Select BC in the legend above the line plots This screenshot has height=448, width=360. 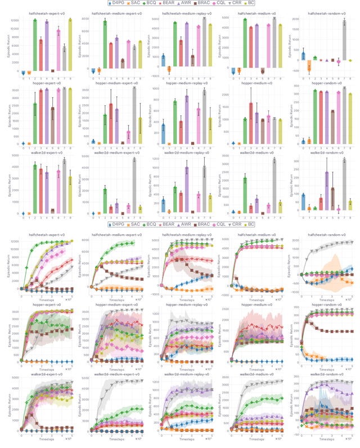pyautogui.click(x=252, y=224)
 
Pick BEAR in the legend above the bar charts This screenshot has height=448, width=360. pyautogui.click(x=168, y=3)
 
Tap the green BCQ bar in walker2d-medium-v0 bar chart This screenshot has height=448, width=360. pyautogui.click(x=245, y=195)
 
